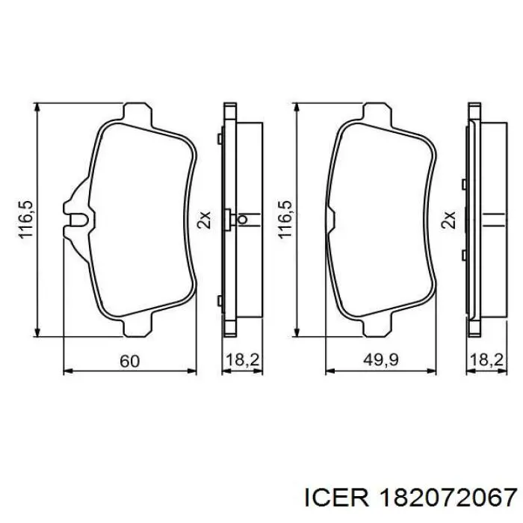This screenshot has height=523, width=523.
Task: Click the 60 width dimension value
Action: pos(129,361)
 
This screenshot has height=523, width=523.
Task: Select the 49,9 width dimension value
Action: pos(380,360)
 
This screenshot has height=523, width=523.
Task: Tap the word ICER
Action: pos(337,498)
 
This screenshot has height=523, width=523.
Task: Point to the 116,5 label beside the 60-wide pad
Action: pos(26,220)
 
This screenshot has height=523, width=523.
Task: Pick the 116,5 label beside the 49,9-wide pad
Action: pos(285,220)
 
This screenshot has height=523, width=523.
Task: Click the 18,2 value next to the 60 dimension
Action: pos(243,360)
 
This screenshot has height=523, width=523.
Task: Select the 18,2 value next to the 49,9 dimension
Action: pos(486,360)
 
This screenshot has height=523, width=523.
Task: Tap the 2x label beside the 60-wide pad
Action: pos(204,220)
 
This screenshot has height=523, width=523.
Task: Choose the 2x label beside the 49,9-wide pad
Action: pos(448,220)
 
